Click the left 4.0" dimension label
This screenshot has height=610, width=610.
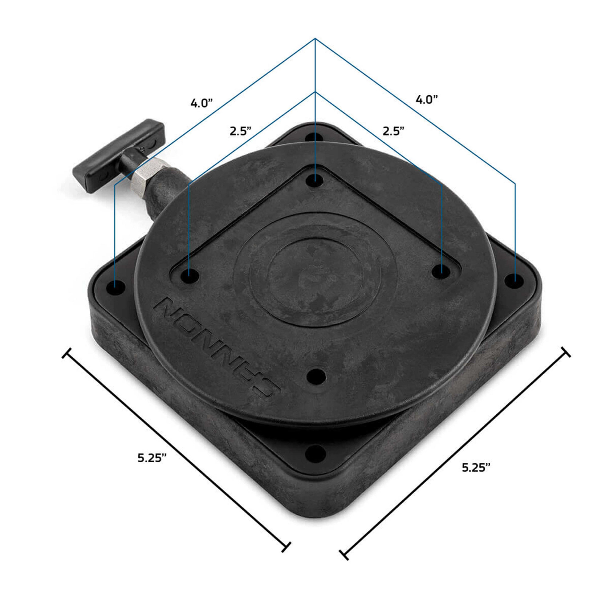pos(201,103)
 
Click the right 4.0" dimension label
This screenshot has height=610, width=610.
pos(427,100)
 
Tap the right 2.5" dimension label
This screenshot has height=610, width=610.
pos(393,131)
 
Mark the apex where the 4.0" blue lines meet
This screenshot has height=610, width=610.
pos(315,38)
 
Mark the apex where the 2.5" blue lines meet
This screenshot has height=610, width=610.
pos(315,92)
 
